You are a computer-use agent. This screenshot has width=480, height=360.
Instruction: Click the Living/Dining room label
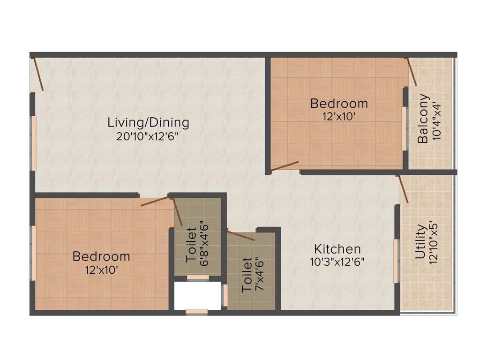(148, 123)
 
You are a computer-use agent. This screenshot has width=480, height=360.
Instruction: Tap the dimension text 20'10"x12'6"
(148, 137)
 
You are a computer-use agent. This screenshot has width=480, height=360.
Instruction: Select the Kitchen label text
(337, 249)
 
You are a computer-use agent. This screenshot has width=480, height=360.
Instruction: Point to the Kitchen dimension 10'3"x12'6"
(337, 262)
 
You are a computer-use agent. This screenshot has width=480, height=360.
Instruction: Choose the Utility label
(420, 242)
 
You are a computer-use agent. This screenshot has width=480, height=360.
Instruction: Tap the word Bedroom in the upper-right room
(339, 103)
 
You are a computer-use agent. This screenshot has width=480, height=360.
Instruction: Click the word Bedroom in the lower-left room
(101, 256)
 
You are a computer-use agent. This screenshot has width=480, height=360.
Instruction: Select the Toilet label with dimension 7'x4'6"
(247, 275)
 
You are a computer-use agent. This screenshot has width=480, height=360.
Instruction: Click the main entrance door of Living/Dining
(37, 74)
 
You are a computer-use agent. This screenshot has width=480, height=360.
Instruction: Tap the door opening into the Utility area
(403, 189)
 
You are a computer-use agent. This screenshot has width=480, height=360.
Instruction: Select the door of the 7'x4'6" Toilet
(241, 235)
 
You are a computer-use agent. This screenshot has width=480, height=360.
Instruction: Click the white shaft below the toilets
(197, 296)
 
